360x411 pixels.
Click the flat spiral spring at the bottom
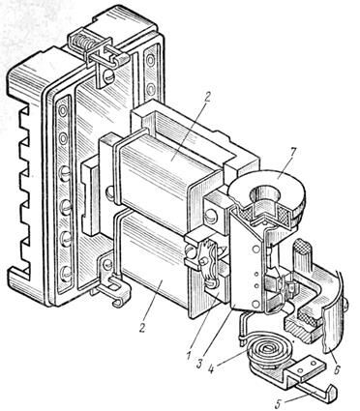266,350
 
